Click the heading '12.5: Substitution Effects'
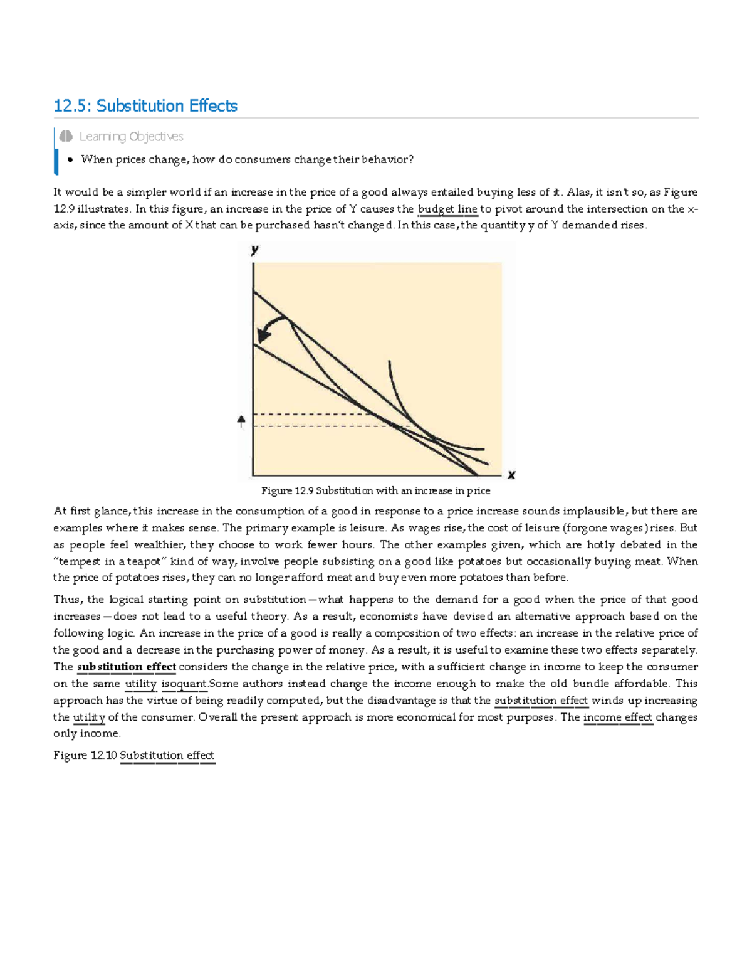click(x=145, y=106)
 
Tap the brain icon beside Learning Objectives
click(x=66, y=136)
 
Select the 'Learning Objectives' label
click(x=131, y=137)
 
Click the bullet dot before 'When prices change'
click(x=70, y=160)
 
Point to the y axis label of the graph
click(x=254, y=250)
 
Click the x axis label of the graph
click(x=511, y=475)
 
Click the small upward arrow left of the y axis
click(x=241, y=421)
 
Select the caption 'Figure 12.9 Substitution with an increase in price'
click(x=375, y=490)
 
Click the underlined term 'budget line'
click(x=447, y=209)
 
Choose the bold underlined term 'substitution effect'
click(x=126, y=667)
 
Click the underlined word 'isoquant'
click(x=184, y=684)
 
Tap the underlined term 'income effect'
click(x=618, y=717)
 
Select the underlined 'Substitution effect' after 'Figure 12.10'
click(x=167, y=756)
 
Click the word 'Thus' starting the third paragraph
click(x=66, y=600)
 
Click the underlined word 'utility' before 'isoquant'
click(x=140, y=684)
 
